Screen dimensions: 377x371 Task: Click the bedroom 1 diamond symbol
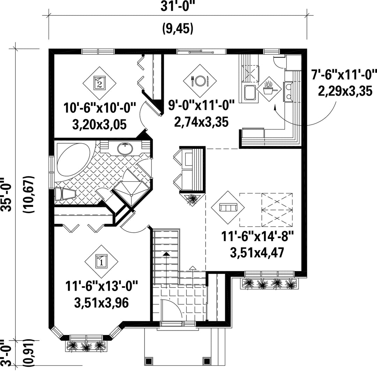(x=102, y=262)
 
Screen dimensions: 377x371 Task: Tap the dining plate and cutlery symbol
(x=200, y=81)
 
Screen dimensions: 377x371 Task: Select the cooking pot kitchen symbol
(x=269, y=89)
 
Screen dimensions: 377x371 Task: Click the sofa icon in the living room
(x=228, y=207)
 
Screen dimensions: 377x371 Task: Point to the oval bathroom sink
(x=125, y=148)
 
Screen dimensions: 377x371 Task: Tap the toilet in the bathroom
(x=65, y=194)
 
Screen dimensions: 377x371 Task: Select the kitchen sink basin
(x=250, y=93)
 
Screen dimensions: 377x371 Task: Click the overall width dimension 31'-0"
(x=177, y=7)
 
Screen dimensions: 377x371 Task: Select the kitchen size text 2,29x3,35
(x=345, y=91)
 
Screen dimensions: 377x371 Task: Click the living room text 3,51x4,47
(x=257, y=253)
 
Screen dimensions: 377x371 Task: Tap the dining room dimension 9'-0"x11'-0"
(x=201, y=105)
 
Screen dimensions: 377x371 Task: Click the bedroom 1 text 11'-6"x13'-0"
(x=102, y=286)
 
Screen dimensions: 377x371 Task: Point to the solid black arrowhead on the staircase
(x=166, y=254)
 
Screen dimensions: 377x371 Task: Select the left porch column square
(x=148, y=361)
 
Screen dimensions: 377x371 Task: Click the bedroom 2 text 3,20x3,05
(x=99, y=125)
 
